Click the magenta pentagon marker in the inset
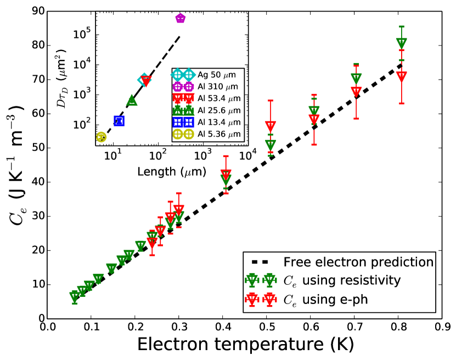click(181, 19)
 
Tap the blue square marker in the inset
click(119, 121)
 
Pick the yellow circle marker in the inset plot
click(101, 137)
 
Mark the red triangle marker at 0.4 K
click(226, 175)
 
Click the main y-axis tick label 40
click(37, 182)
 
